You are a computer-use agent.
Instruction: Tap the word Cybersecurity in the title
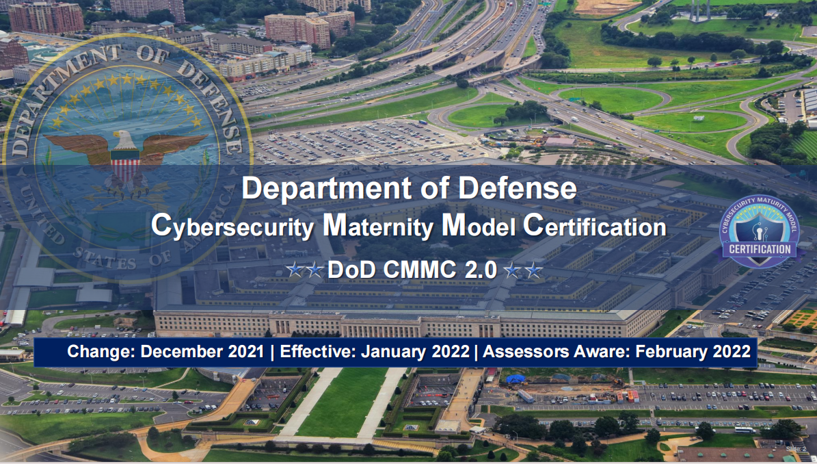click(x=232, y=227)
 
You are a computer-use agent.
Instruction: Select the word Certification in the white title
click(x=595, y=227)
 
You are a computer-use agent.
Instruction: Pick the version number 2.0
click(x=480, y=270)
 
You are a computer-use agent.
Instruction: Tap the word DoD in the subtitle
click(x=351, y=270)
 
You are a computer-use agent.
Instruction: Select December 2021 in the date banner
click(x=202, y=351)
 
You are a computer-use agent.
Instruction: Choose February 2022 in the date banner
click(x=693, y=351)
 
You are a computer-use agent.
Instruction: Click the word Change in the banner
click(x=101, y=351)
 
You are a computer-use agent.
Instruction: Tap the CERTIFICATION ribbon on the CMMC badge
click(x=759, y=249)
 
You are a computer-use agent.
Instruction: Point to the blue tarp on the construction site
click(x=515, y=379)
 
